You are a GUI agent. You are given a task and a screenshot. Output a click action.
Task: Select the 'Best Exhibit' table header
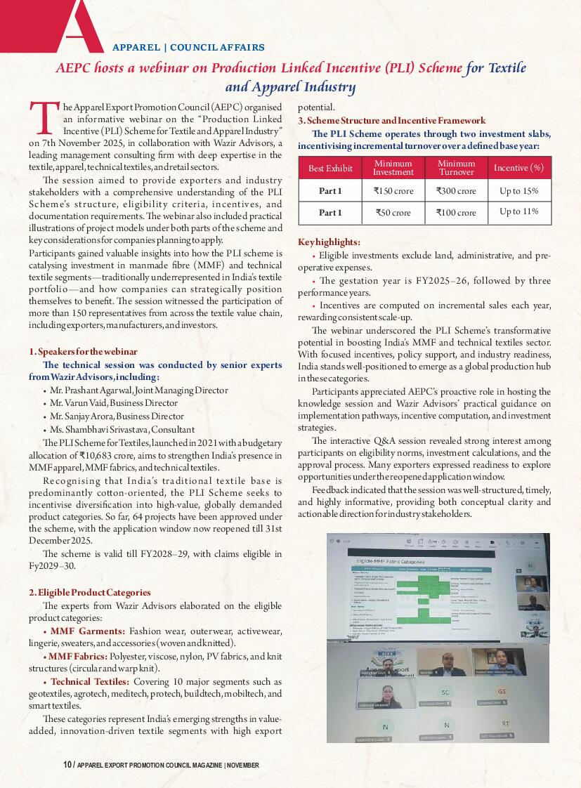pos(330,169)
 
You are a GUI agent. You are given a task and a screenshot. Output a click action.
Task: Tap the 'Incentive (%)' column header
pos(518,168)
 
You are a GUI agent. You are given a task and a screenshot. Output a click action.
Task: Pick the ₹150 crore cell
pos(393,190)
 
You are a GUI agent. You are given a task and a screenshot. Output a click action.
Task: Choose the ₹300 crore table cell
pos(456,190)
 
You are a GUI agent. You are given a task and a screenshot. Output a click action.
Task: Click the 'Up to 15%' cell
pos(518,190)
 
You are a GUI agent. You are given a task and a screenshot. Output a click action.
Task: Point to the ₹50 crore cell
pos(393,212)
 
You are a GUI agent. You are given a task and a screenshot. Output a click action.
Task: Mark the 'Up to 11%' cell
pos(518,211)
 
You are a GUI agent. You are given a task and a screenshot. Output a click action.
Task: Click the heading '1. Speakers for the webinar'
pos(83,351)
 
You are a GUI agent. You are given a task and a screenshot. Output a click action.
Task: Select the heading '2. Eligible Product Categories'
pos(89,592)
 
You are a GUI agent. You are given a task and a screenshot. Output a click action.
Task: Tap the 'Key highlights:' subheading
pos(329,241)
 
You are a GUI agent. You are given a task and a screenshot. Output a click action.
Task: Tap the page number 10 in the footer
pos(66,765)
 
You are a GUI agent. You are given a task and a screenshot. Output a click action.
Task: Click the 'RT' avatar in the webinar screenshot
pos(505,723)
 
